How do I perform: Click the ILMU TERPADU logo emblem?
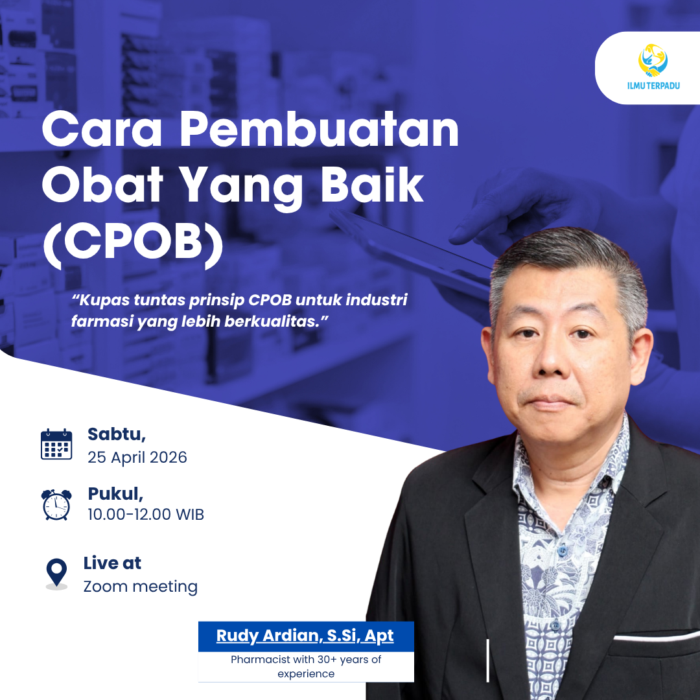[x=653, y=60]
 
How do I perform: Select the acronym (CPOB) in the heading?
[x=133, y=244]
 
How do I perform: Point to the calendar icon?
[x=56, y=445]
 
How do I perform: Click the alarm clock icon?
[x=56, y=504]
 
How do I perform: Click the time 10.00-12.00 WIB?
[x=146, y=515]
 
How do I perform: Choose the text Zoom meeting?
[x=141, y=587]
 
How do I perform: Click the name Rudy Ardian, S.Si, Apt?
[x=305, y=636]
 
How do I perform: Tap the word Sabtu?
[x=117, y=434]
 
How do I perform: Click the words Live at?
[x=112, y=563]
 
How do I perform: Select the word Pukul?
[x=115, y=493]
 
